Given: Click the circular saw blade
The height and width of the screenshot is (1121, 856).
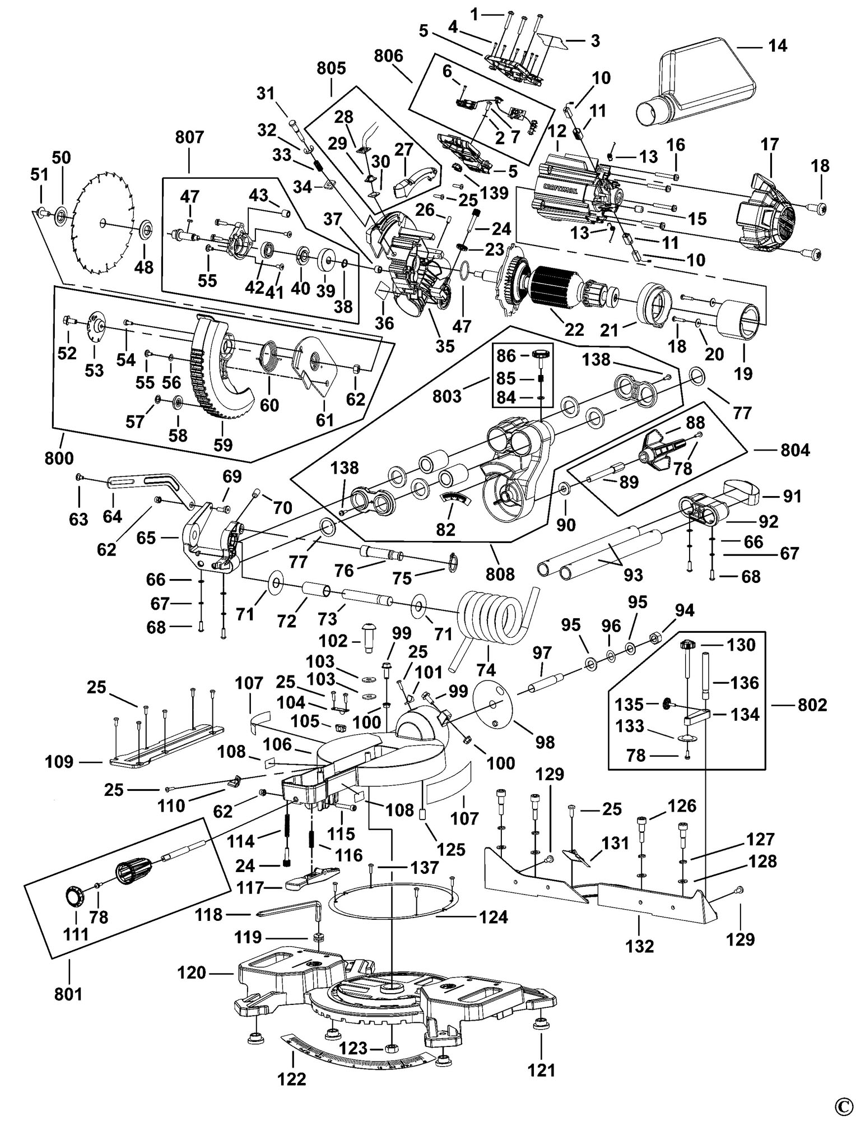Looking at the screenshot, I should pos(104,223).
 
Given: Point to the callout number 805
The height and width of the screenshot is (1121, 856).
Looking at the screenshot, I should pos(331,68).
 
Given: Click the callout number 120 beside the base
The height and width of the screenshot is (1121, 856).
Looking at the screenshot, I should pos(192,972).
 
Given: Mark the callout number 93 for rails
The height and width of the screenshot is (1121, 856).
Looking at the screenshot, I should pos(634,575).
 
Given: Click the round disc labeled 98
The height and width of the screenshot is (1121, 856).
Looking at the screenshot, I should pos(494,705).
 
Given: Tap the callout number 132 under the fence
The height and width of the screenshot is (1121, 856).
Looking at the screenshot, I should pos(639,946).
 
